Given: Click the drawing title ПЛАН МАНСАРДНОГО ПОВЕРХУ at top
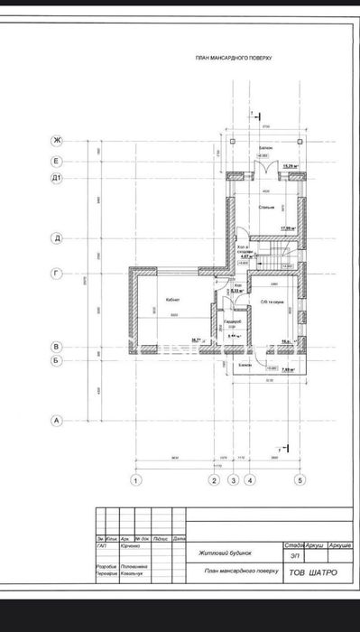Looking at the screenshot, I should [x=234, y=57].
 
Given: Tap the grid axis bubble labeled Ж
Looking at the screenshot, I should [x=56, y=141].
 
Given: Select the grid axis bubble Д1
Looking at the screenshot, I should [x=56, y=179].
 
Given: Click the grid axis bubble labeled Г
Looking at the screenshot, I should [x=56, y=270].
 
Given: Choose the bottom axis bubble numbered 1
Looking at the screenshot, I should [x=136, y=479].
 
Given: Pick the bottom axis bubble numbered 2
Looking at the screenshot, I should [x=214, y=479].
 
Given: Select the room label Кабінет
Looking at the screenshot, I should [x=171, y=300].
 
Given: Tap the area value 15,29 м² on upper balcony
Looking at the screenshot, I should [x=292, y=166].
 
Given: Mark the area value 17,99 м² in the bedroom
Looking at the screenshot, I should [x=289, y=228].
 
